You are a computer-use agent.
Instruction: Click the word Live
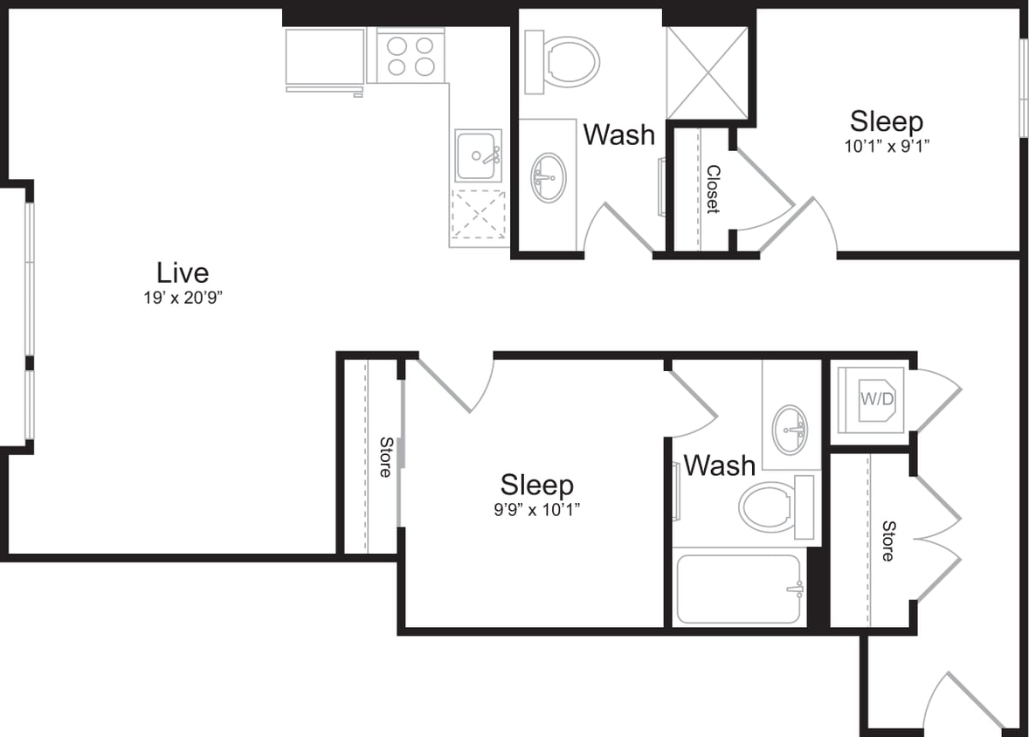tap(183, 272)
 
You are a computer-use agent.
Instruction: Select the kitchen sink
tap(477, 156)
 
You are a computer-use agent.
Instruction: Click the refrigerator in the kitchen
tap(325, 58)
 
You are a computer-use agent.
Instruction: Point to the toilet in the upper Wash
tap(564, 62)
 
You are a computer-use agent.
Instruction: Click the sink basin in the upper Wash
tap(549, 177)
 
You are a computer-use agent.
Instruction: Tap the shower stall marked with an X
tap(707, 72)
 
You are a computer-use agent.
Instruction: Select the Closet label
tap(712, 189)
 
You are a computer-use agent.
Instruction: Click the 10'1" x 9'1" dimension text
tap(886, 147)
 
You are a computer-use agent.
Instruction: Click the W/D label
tap(877, 400)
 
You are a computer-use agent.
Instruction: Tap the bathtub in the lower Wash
tap(739, 589)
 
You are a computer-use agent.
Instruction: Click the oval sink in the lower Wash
tap(791, 429)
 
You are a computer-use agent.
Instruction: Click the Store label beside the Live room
tap(384, 457)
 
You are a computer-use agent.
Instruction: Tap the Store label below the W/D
tap(887, 541)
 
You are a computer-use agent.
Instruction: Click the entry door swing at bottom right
tap(965, 699)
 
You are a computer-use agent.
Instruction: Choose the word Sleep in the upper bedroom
tap(886, 121)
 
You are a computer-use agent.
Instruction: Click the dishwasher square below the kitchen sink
tap(478, 215)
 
